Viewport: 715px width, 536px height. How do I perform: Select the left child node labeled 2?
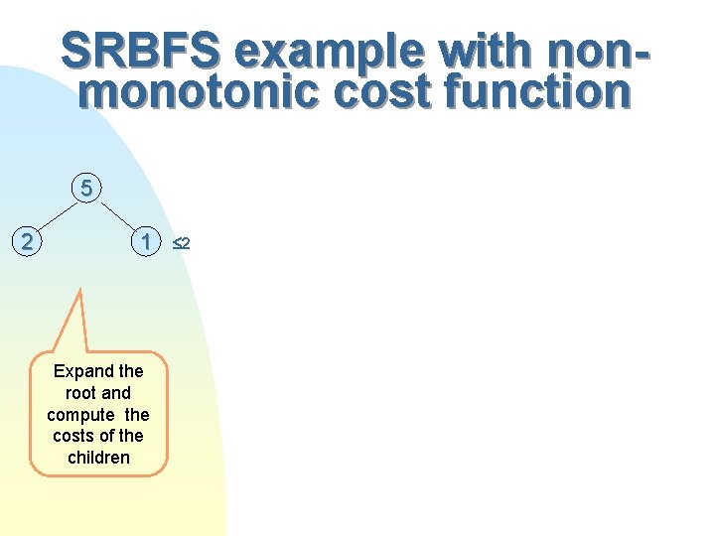pyautogui.click(x=29, y=241)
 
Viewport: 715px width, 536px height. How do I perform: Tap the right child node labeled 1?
pyautogui.click(x=146, y=241)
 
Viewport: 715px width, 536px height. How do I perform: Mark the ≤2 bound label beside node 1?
pyautogui.click(x=179, y=242)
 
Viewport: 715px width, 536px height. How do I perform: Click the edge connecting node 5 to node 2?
pyautogui.click(x=56, y=214)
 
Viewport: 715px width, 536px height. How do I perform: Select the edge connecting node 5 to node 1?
pyautogui.click(x=119, y=214)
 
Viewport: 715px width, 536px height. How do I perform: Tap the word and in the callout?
pyautogui.click(x=116, y=393)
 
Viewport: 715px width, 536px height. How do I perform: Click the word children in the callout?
pyautogui.click(x=98, y=458)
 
